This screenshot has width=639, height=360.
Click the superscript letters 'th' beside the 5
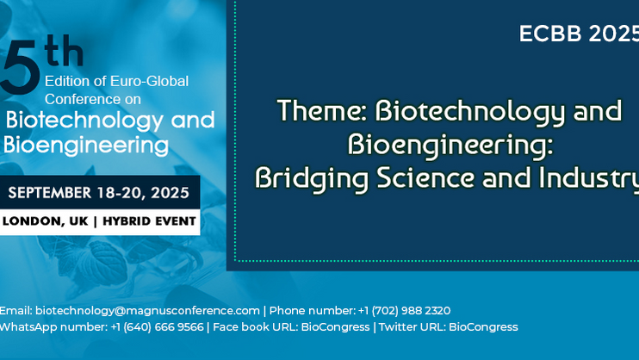[x=65, y=51]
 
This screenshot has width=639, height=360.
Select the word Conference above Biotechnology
[x=83, y=99]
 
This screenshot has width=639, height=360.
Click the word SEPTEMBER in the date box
[x=50, y=192]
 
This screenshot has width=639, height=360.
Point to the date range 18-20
[x=121, y=193]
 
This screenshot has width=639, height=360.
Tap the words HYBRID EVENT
[x=149, y=221]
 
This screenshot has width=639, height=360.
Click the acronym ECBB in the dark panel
[x=550, y=34]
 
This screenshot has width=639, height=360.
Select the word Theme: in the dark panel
[x=322, y=110]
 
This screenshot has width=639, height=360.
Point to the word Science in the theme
[x=426, y=177]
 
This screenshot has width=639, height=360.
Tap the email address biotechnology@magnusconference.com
[x=147, y=311]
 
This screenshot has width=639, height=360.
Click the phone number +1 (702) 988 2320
[x=404, y=311]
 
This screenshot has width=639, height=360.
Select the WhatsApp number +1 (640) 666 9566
[x=157, y=327]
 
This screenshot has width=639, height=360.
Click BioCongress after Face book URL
[x=335, y=327]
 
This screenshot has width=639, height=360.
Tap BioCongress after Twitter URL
[x=483, y=327]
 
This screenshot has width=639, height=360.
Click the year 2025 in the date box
[x=170, y=192]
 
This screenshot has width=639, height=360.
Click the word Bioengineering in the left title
[x=86, y=146]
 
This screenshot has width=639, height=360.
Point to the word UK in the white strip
[x=78, y=221]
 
